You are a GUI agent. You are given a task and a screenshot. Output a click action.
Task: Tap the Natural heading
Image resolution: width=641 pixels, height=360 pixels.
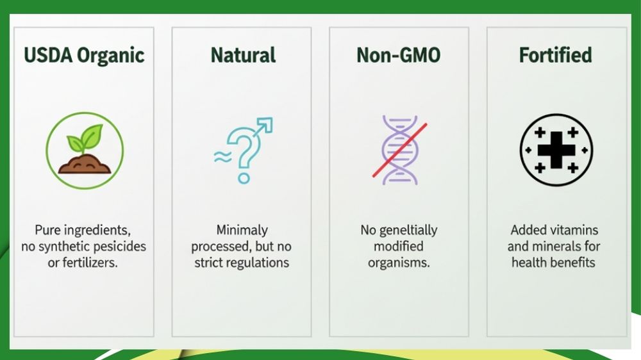[243, 54]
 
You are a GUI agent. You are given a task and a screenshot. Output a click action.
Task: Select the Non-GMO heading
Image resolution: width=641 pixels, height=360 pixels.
[399, 55]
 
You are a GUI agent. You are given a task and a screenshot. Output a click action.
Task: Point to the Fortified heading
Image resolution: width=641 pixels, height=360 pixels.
[556, 54]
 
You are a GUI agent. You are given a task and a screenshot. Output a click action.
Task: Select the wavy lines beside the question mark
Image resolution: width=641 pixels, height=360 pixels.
[223, 156]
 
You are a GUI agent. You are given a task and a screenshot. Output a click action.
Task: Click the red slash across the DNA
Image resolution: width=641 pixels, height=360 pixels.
[399, 150]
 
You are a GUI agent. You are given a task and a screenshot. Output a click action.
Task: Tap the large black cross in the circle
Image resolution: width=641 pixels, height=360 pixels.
[556, 150]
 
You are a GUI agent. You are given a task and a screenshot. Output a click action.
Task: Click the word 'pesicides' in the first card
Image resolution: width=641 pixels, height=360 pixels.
[124, 247]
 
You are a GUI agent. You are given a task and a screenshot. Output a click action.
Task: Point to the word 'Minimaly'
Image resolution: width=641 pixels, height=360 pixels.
[242, 230]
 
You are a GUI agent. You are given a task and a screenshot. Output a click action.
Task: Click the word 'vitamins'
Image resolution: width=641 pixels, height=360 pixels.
[575, 230]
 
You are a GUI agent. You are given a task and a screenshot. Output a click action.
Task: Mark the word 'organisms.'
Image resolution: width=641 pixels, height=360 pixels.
[399, 263]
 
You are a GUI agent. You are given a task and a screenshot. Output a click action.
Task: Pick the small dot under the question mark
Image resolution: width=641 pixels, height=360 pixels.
[244, 178]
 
